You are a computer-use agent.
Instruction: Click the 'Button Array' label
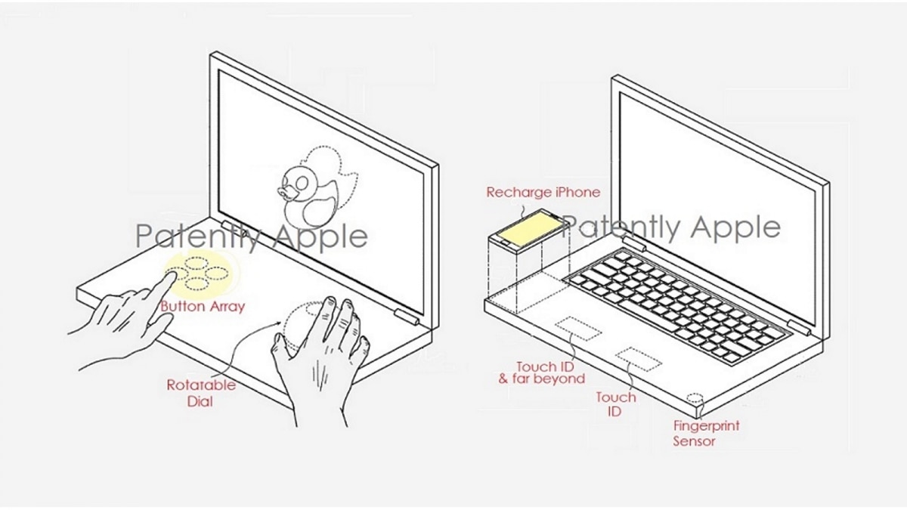point(203,307)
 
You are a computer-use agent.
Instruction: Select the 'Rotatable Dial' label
point(201,393)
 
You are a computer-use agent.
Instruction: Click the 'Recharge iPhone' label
point(543,192)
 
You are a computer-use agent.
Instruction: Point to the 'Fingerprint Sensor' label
point(706,434)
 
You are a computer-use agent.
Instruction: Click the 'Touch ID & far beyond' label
point(542,372)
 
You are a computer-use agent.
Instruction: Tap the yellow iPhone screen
point(530,228)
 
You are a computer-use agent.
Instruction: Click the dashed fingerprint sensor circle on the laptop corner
point(695,397)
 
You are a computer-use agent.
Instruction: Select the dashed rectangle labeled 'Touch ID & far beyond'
point(577,328)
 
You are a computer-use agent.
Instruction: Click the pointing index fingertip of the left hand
point(172,276)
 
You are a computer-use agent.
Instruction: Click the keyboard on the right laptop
point(677,305)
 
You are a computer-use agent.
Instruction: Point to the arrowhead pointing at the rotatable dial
point(278,323)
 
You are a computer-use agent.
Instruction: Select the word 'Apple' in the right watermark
point(735,227)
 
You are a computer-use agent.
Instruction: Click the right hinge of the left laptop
point(406,317)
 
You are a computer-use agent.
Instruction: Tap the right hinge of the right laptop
point(800,328)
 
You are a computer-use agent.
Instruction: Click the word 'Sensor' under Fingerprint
point(694,441)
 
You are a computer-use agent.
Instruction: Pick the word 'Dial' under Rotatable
point(200,401)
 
